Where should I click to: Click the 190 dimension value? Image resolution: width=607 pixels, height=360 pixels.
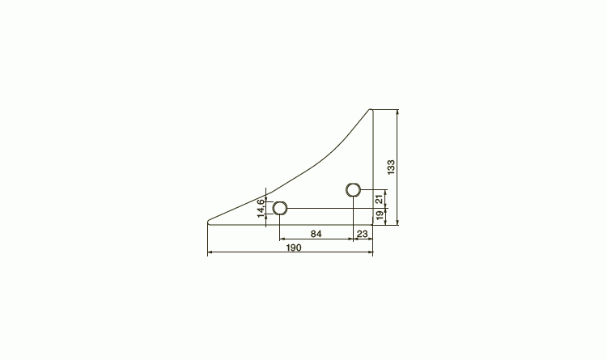coord(294,248)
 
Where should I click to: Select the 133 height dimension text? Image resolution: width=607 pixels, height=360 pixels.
coord(391,167)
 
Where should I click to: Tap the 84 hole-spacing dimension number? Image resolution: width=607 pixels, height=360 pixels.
coord(316,234)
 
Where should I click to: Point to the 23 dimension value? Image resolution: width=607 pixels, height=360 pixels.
coord(362,234)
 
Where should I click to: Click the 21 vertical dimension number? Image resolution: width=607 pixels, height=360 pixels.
coord(380,199)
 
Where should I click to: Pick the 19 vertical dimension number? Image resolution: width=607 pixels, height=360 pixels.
coord(380,216)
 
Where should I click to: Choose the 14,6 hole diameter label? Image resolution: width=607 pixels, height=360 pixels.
coord(261,208)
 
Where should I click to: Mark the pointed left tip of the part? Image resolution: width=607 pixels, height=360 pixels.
coord(208,222)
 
